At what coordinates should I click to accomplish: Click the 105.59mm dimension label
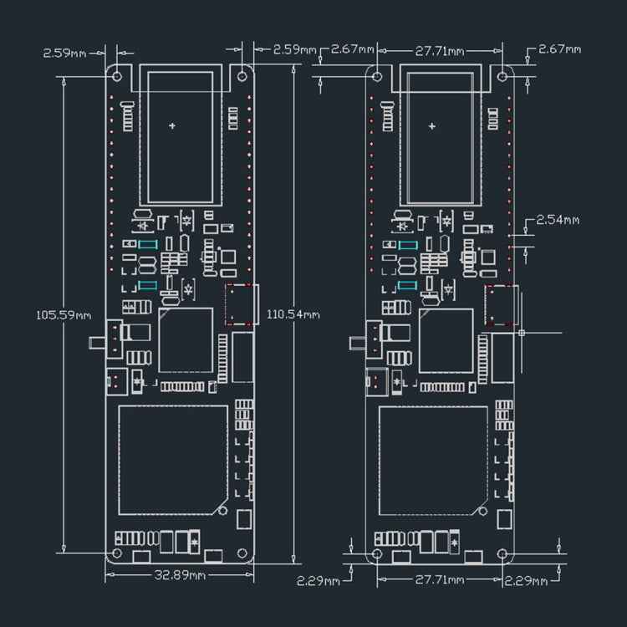[64, 316]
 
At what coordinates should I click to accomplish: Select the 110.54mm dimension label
[293, 315]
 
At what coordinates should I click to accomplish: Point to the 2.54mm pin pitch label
[558, 221]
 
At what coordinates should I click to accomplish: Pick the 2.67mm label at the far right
[559, 49]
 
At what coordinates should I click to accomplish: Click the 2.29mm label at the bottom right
[527, 580]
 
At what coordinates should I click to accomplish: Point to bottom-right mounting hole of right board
[502, 553]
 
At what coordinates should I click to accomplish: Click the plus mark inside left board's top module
[172, 126]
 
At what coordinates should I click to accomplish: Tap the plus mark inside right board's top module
[432, 126]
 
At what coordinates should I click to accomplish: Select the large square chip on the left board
[173, 460]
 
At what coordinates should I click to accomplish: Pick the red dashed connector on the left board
[240, 304]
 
